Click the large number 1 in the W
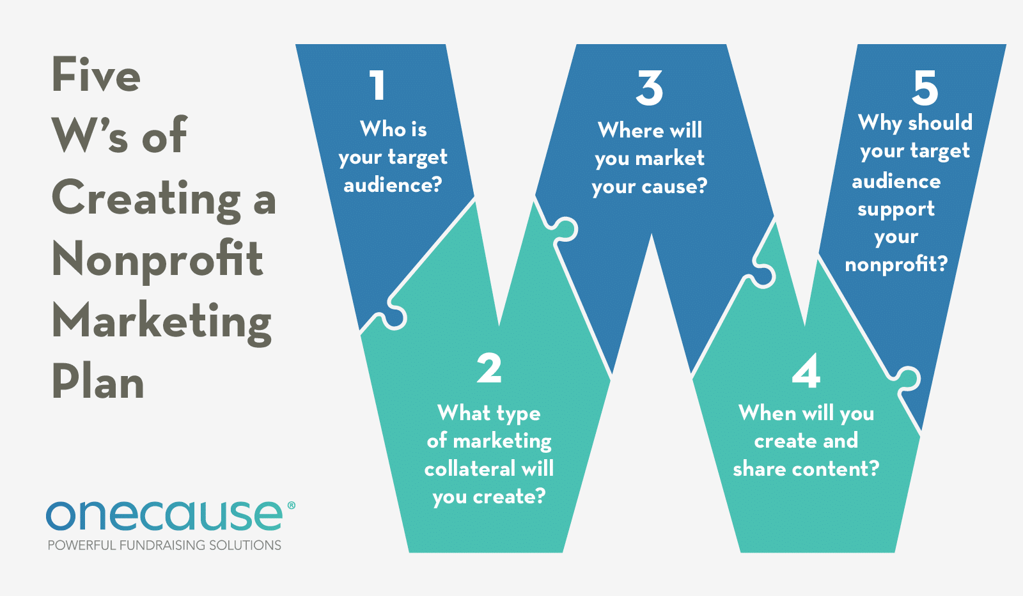378,85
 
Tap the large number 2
489,368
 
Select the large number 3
650,88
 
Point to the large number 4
806,372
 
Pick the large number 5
925,88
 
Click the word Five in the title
96,74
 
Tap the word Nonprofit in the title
157,260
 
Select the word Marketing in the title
162,322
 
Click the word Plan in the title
98,381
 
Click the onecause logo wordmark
164,515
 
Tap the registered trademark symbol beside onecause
292,505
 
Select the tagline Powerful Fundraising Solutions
164,545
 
